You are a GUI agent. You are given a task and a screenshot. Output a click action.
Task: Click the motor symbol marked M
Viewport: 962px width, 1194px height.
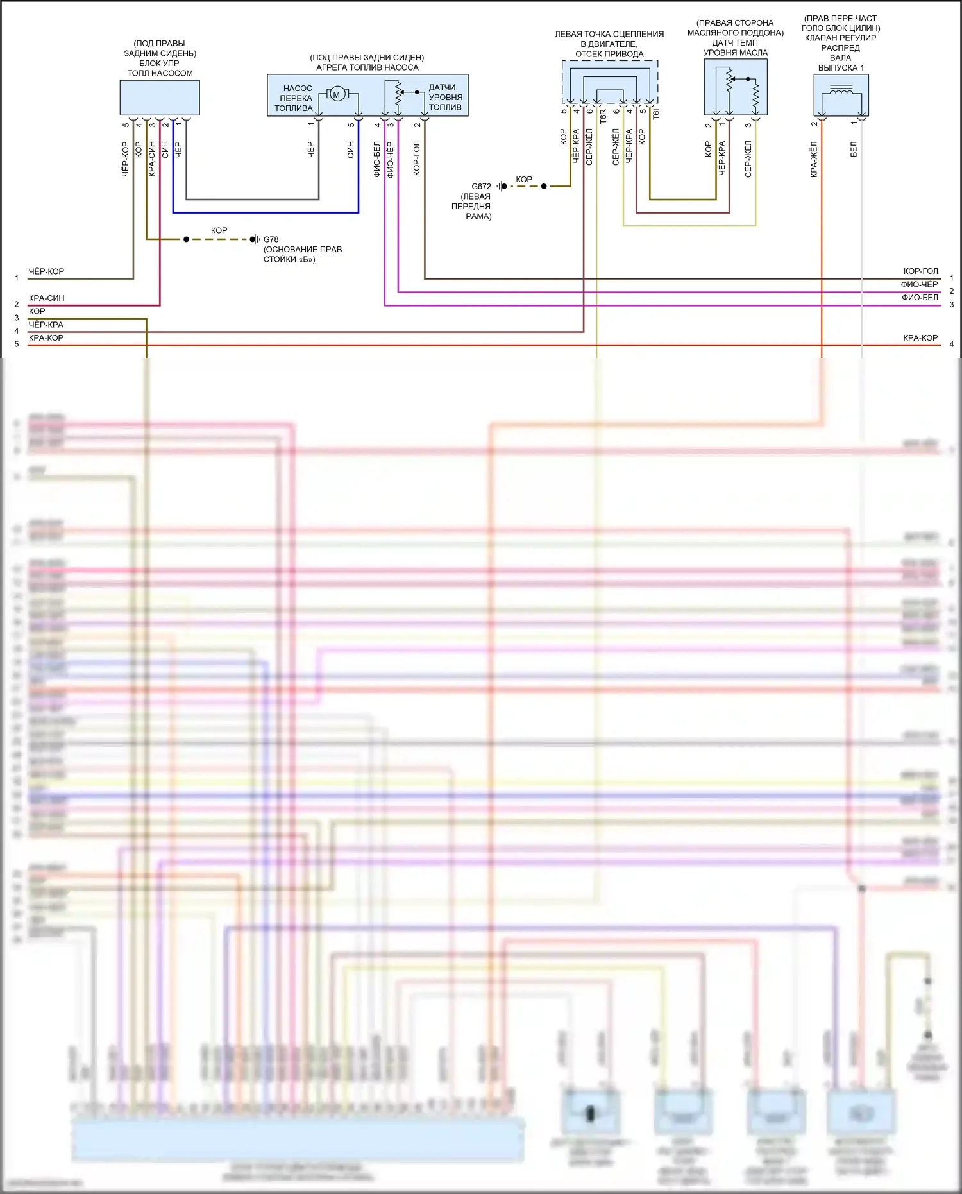pos(336,95)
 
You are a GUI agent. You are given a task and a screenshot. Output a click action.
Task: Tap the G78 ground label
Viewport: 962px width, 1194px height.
pos(271,239)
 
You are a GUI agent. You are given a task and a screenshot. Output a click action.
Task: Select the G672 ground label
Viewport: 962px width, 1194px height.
pos(481,187)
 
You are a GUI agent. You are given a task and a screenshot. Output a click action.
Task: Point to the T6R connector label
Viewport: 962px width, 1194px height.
pos(603,116)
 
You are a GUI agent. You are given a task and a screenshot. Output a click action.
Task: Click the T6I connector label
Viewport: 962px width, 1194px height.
pos(655,114)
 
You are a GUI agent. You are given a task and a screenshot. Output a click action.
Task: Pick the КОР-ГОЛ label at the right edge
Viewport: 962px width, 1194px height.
pos(920,271)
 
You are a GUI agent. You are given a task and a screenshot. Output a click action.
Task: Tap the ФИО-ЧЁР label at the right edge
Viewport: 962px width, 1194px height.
pos(919,284)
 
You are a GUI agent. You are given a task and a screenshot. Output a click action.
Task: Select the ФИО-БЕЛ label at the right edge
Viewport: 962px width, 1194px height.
pos(920,298)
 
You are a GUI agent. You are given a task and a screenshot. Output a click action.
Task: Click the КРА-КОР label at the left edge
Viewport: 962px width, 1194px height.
pos(46,338)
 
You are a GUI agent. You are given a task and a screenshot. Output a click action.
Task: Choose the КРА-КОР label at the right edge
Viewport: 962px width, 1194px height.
pos(920,338)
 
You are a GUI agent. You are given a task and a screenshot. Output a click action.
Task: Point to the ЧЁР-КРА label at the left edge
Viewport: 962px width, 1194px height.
pos(46,325)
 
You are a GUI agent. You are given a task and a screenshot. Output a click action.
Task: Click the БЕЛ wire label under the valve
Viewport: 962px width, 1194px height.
pos(854,150)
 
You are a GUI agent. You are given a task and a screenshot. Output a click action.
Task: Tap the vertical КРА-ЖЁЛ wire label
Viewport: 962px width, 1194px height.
pos(814,159)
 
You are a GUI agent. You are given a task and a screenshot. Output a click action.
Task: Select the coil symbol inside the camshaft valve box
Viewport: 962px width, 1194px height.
pos(841,92)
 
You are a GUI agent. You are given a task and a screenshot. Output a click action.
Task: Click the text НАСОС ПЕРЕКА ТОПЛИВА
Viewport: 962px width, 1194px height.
pos(295,98)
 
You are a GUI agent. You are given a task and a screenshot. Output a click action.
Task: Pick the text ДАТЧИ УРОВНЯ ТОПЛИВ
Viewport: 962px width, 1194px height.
pos(445,97)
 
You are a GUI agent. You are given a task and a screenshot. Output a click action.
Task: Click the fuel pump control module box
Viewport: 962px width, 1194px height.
pos(160,98)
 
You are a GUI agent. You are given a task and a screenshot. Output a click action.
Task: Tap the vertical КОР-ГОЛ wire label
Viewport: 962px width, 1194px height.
pos(417,158)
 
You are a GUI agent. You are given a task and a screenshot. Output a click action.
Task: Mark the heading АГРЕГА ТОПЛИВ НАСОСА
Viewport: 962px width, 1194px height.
pos(367,67)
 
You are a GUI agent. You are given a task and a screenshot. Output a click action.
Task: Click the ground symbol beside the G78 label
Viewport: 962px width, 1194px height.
pos(254,239)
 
